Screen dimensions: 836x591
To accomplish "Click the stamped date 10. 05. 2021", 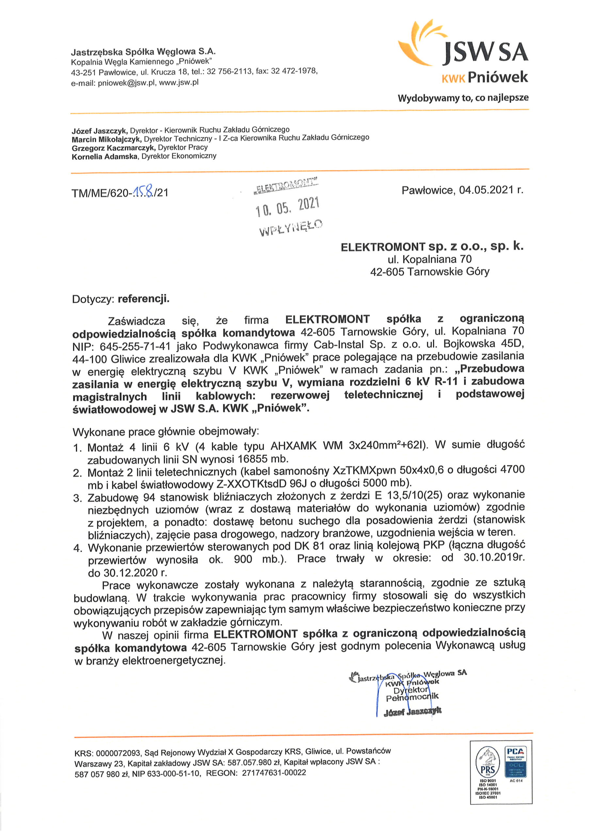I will [287, 206].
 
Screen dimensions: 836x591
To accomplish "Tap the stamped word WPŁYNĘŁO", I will [291, 227].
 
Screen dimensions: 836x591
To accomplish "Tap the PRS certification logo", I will [487, 770].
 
